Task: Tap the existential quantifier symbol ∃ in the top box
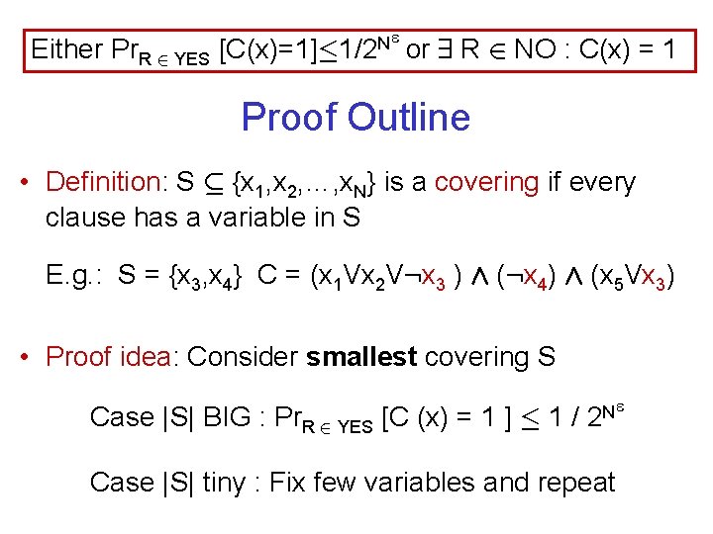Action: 445,48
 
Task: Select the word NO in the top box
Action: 535,48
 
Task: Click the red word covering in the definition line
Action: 485,183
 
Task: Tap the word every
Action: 602,183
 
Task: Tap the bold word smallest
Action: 361,357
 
